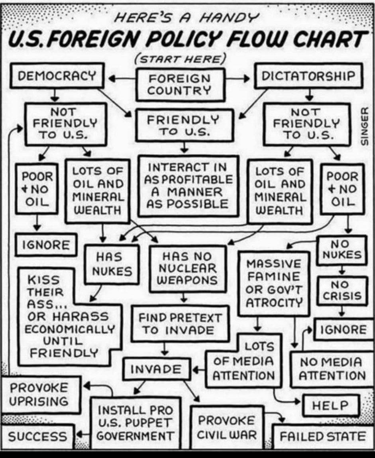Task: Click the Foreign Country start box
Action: (x=179, y=84)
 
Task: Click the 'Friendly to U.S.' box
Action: (x=184, y=125)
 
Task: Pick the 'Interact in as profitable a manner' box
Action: (x=188, y=186)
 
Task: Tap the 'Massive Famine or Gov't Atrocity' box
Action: (x=274, y=283)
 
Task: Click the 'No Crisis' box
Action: (x=342, y=290)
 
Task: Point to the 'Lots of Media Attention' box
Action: (x=243, y=361)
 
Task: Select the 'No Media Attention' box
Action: (x=332, y=369)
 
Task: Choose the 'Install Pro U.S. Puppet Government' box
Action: (x=135, y=422)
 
